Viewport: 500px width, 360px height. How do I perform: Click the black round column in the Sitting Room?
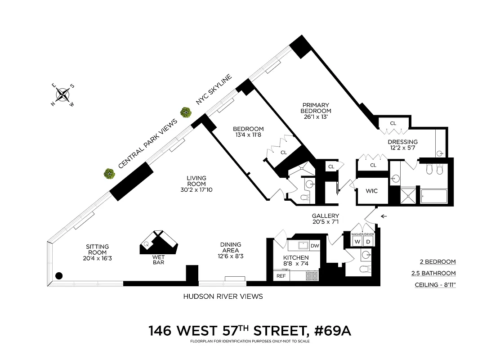(58, 276)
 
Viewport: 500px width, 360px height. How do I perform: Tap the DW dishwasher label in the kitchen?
(314, 246)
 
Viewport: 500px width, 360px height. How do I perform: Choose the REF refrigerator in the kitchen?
(281, 276)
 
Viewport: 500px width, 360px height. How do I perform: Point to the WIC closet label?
(372, 191)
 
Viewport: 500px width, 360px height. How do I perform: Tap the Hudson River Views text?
(223, 297)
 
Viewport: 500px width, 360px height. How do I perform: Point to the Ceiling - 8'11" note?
(435, 285)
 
